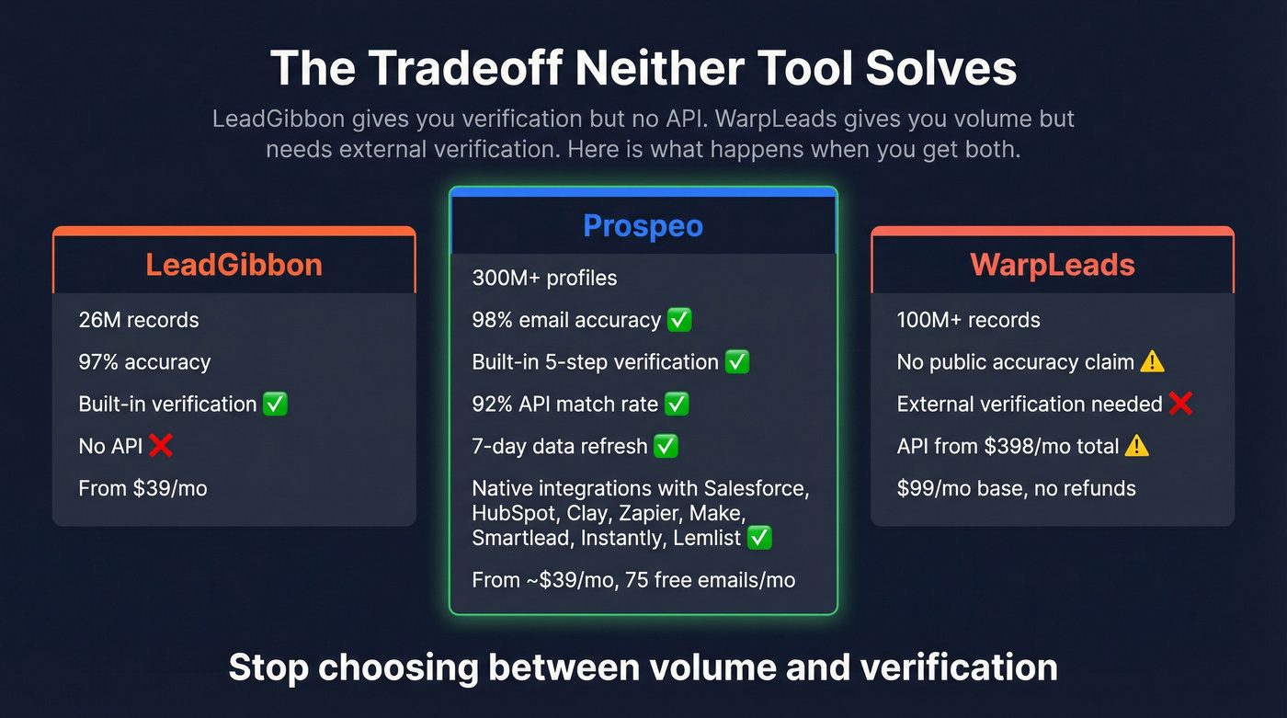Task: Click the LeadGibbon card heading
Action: pos(233,265)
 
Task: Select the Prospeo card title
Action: pos(643,225)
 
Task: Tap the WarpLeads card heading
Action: pos(1053,265)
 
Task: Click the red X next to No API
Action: pos(161,446)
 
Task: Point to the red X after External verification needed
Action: pos(1180,404)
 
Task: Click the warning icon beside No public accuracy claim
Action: pos(1152,362)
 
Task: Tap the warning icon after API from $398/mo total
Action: pos(1137,446)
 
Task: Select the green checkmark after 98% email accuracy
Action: pos(679,320)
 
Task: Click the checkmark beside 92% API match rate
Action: pos(677,404)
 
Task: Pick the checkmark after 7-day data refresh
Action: pos(666,446)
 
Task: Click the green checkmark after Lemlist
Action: pos(759,538)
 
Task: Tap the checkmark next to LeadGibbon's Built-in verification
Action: pos(275,404)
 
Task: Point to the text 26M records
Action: pos(139,320)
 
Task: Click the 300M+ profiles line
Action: pos(544,278)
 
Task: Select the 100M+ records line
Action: pos(968,320)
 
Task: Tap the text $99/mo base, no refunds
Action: pos(1016,488)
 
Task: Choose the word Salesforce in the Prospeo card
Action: pos(756,488)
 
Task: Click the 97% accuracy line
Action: pos(144,362)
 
